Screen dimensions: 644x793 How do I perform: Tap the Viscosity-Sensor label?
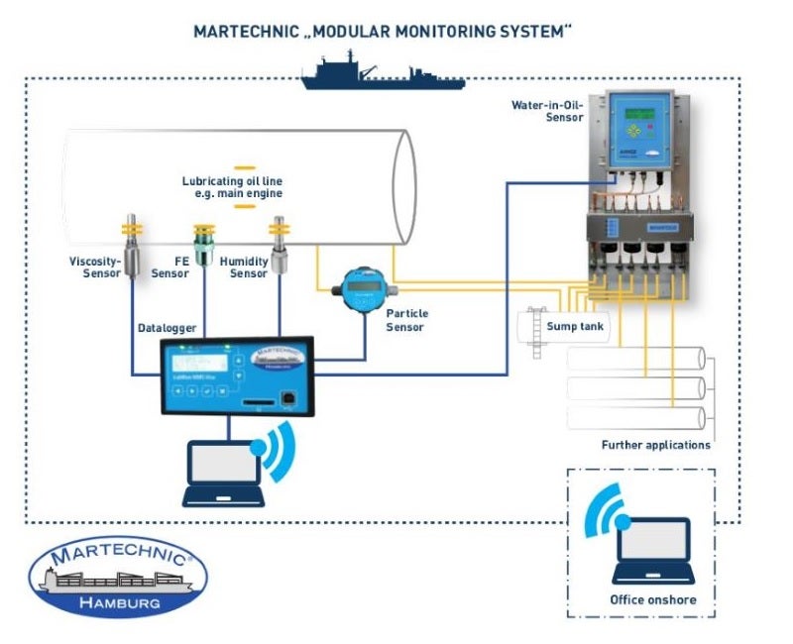[x=95, y=268]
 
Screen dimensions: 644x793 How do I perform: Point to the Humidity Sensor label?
[x=249, y=268]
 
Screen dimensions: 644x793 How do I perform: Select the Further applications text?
[x=655, y=445]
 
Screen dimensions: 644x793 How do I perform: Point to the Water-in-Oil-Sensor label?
[x=546, y=110]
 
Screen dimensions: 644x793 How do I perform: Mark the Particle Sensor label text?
[x=406, y=320]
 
